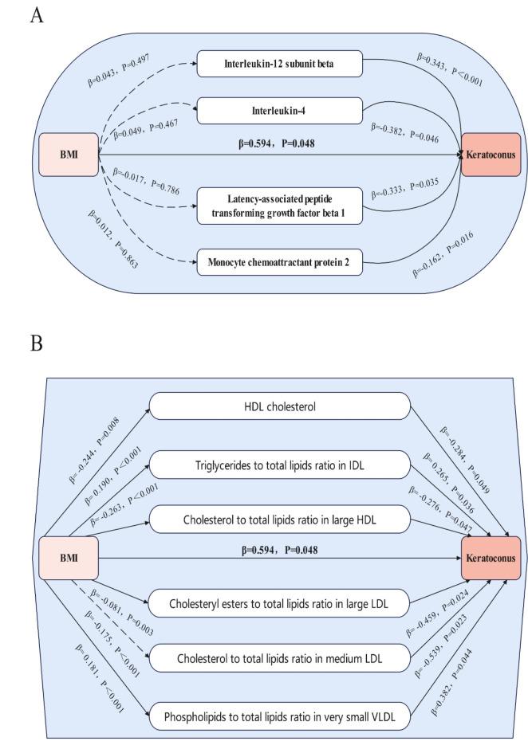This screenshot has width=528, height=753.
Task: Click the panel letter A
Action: tap(36, 16)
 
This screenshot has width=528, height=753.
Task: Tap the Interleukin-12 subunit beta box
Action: tap(280, 62)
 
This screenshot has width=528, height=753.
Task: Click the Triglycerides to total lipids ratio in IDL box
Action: tap(280, 465)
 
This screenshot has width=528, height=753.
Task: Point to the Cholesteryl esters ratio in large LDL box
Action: tap(280, 602)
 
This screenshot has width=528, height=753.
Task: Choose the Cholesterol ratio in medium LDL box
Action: tap(280, 657)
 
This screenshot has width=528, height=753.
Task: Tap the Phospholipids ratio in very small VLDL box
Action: tap(280, 716)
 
